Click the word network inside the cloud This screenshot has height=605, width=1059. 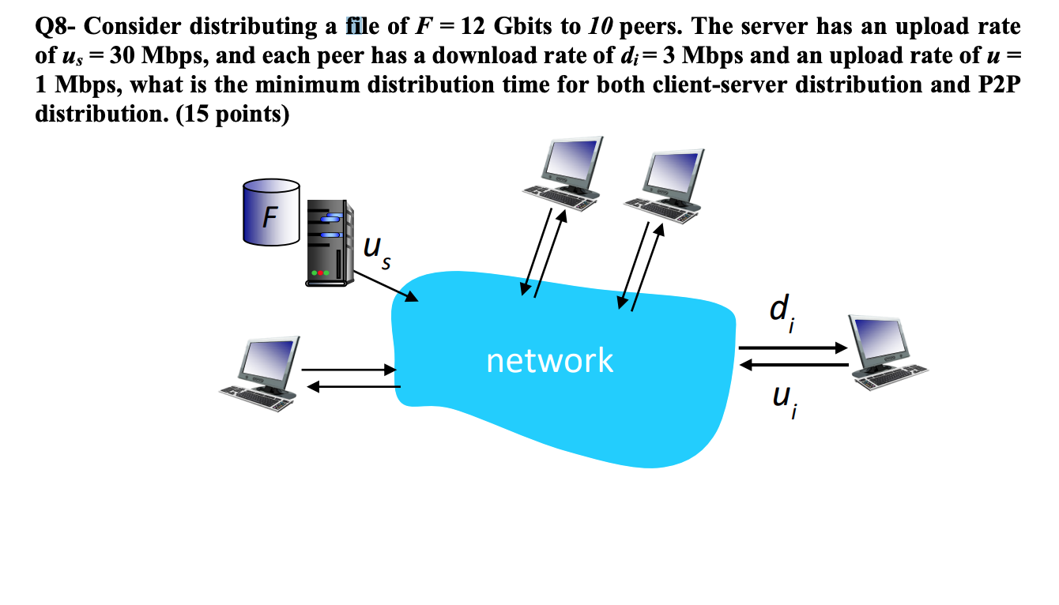tap(549, 360)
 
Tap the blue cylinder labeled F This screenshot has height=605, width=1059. tap(271, 212)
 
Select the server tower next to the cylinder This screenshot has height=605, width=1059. tap(328, 242)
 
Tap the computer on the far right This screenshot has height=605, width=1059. tap(882, 352)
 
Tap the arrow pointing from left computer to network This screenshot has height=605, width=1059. tap(348, 369)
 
